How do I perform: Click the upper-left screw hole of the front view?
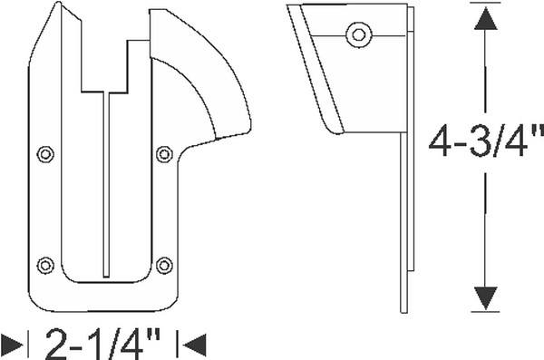click(x=45, y=154)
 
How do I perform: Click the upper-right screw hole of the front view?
click(x=164, y=154)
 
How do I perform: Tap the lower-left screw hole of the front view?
click(x=45, y=266)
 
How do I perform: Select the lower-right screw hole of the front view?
click(x=164, y=266)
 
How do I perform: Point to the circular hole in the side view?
click(x=359, y=34)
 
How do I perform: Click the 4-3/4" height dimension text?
click(x=486, y=142)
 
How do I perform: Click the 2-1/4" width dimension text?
click(x=102, y=344)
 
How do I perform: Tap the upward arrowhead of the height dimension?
click(x=485, y=18)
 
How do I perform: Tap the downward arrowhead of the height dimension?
click(x=485, y=298)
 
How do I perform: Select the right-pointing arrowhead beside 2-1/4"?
click(x=13, y=345)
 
